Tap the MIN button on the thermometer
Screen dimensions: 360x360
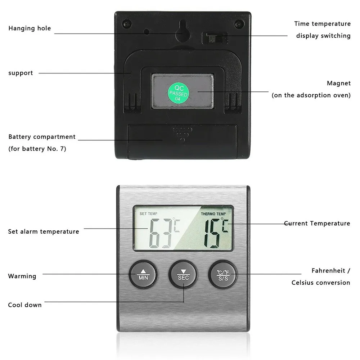143,274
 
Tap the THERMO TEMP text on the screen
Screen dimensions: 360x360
213,214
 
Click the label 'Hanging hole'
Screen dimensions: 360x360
30,28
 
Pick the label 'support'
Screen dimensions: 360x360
21,73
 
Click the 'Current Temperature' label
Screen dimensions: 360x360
317,224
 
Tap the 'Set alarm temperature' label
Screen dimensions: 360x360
44,231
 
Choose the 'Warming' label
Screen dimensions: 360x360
22,276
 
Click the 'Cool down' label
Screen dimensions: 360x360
25,305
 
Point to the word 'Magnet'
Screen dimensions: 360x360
338,83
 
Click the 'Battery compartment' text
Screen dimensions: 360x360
42,137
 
